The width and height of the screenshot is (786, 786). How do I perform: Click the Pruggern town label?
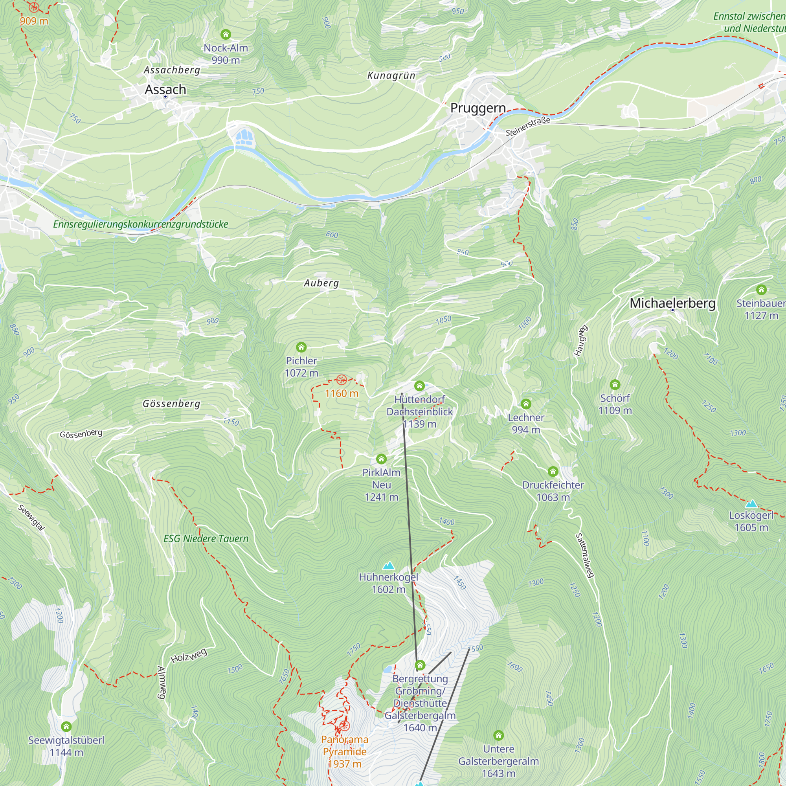(478, 108)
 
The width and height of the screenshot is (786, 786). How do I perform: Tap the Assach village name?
(165, 90)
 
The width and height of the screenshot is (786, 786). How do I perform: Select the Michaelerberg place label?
(672, 303)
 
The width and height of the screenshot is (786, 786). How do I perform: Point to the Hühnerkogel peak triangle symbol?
(389, 566)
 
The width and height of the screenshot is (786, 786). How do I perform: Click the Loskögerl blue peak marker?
(751, 504)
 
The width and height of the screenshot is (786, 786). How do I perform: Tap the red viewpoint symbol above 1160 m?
(342, 380)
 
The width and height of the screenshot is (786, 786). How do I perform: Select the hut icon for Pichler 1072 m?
(301, 347)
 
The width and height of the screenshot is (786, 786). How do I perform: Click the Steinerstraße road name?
(528, 127)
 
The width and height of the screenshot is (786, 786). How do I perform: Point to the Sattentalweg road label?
(585, 555)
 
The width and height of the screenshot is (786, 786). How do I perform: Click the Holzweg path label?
(189, 656)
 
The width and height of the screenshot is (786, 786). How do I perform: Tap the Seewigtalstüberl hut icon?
(66, 726)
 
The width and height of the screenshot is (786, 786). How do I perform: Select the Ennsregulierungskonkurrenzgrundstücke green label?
(140, 224)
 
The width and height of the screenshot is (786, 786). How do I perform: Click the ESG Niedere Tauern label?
(206, 539)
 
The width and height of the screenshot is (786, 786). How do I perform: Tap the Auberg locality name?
(321, 283)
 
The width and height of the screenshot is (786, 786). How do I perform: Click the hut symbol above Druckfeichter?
(553, 472)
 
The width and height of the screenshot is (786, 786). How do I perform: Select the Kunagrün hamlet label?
(391, 76)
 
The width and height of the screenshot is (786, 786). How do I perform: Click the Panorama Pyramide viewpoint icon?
(345, 726)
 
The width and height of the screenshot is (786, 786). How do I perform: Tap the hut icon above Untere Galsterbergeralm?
(498, 735)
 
